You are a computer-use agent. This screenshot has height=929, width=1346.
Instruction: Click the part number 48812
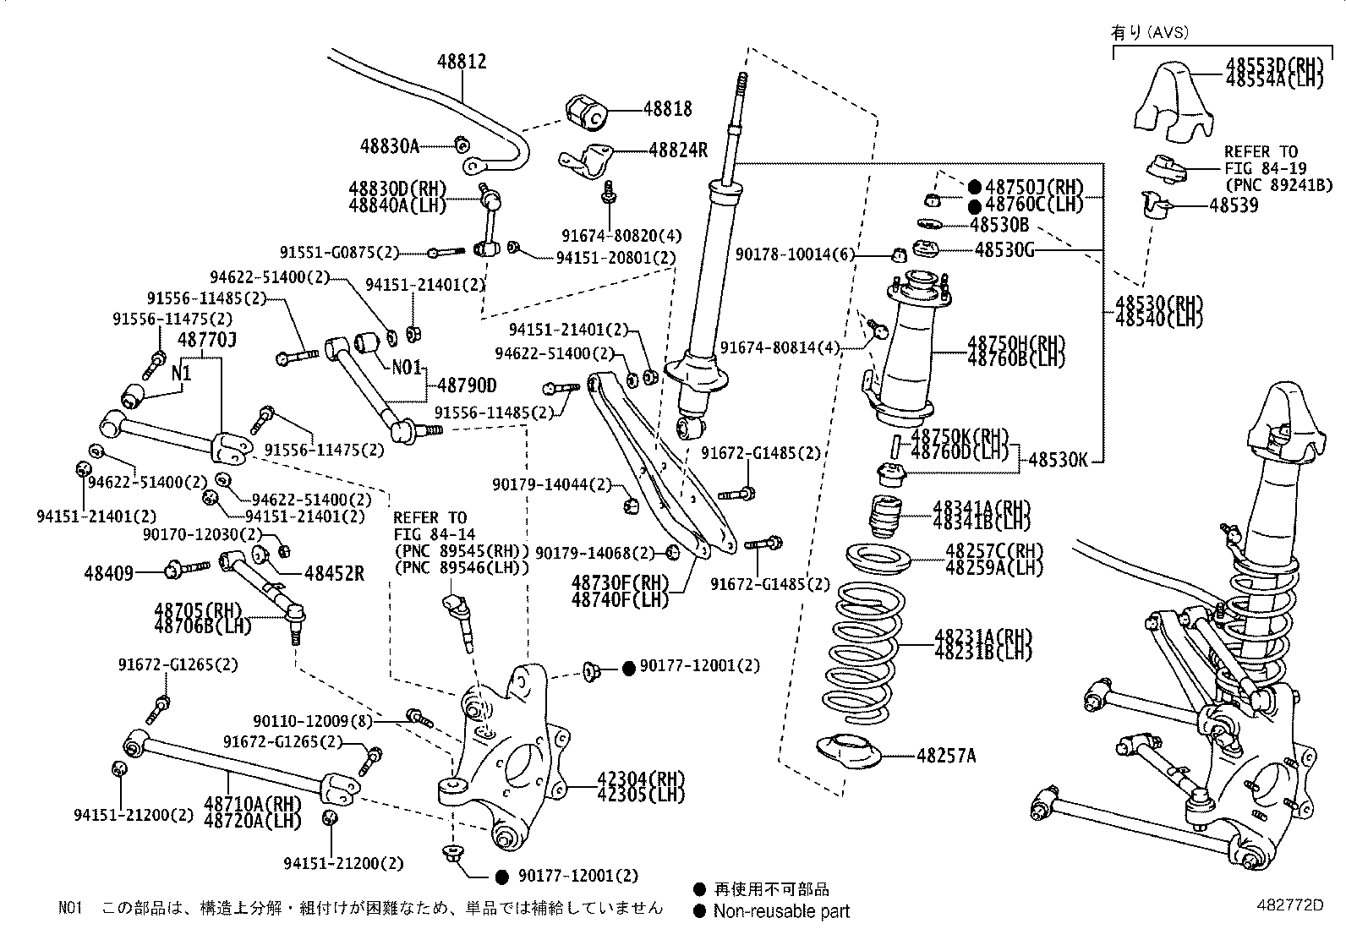tap(462, 62)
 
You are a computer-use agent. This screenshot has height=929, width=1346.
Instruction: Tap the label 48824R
tap(678, 150)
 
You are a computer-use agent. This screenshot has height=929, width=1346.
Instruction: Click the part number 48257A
tap(946, 756)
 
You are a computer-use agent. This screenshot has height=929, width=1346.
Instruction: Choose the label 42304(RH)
tap(630, 779)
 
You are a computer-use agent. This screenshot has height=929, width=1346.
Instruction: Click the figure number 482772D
tap(1288, 904)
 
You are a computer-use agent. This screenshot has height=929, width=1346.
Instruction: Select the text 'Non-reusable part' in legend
tap(781, 911)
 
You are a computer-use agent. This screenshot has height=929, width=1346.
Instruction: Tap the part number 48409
tap(108, 574)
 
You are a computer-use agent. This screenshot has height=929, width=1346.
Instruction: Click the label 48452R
tap(334, 574)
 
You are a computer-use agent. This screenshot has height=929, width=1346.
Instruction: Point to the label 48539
tap(1234, 205)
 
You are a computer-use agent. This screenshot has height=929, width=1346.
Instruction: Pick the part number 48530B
tap(999, 225)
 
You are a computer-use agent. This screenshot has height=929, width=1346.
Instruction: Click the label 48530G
tap(1004, 249)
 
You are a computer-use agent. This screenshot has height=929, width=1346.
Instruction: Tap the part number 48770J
tap(206, 340)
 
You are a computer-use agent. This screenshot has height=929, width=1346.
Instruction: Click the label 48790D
tap(467, 385)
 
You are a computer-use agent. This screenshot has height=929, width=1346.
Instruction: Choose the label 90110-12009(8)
tap(313, 721)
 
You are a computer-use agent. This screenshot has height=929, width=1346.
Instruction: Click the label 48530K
tap(1057, 461)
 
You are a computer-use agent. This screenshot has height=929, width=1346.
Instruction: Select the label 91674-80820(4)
tap(621, 236)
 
